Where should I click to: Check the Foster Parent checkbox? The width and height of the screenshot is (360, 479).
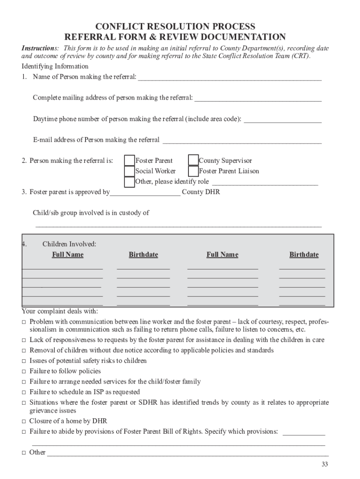pos(129,160)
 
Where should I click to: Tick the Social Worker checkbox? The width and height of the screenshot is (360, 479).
pos(129,171)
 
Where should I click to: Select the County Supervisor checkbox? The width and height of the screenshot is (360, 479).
pos(193,160)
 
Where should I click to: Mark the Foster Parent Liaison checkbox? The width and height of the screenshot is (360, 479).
pos(193,171)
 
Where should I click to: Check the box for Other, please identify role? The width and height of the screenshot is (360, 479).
pos(129,181)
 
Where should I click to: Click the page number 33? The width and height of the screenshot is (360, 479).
pos(324,464)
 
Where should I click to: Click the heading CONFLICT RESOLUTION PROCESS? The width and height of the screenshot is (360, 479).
pos(175,26)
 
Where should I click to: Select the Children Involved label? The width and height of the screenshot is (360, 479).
pos(69,244)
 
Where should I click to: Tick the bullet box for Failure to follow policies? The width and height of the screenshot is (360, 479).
pos(24,372)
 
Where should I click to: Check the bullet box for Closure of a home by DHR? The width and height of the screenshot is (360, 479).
pos(24,421)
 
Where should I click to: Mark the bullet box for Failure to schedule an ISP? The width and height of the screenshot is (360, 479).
pos(24,392)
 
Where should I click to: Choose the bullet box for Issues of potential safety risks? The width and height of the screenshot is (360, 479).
pos(24,362)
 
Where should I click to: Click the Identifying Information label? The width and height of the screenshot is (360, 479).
pos(55,66)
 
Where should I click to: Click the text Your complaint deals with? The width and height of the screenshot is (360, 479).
pos(60,312)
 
